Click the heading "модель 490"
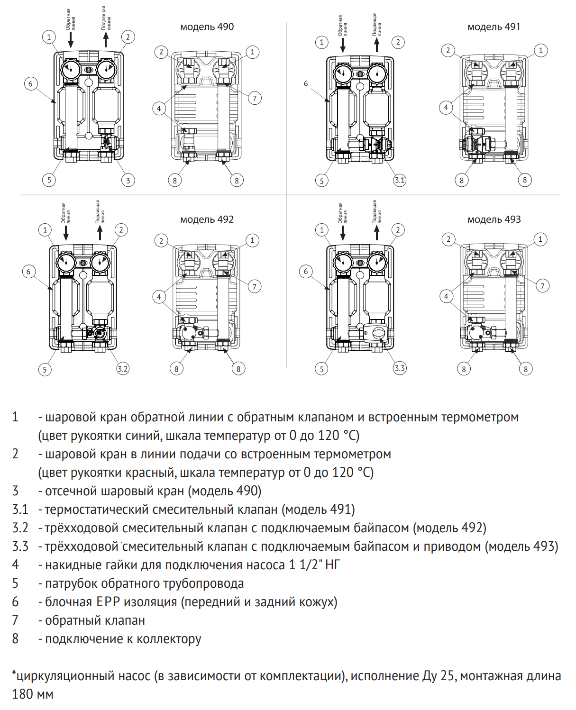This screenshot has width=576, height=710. (x=207, y=27)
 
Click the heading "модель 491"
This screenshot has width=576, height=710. (x=494, y=27)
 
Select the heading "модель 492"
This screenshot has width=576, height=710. (x=207, y=219)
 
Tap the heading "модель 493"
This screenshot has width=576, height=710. (x=494, y=219)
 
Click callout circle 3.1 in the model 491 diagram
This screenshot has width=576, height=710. (x=400, y=180)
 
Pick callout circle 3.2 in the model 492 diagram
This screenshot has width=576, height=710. (x=123, y=369)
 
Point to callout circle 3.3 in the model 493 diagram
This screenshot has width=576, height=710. (x=400, y=368)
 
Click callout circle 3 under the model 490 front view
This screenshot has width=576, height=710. (x=128, y=180)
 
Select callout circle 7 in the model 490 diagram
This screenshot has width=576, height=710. (x=255, y=98)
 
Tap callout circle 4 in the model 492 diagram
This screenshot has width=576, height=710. (x=159, y=297)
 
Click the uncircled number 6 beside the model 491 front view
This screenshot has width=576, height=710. (x=306, y=83)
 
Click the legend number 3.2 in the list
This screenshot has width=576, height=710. (x=20, y=528)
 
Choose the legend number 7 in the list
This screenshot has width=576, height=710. (x=15, y=620)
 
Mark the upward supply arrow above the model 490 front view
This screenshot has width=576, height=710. (x=106, y=39)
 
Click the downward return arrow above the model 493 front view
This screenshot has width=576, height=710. (x=343, y=232)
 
